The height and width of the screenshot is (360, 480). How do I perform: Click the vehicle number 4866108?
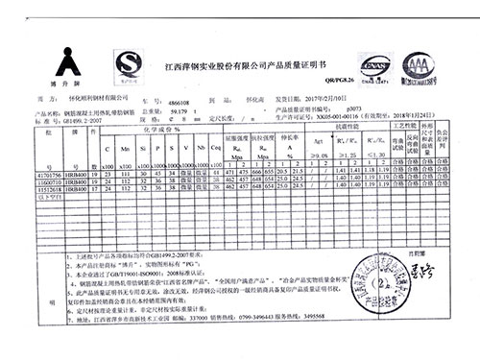pyautogui.click(x=180, y=99)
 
